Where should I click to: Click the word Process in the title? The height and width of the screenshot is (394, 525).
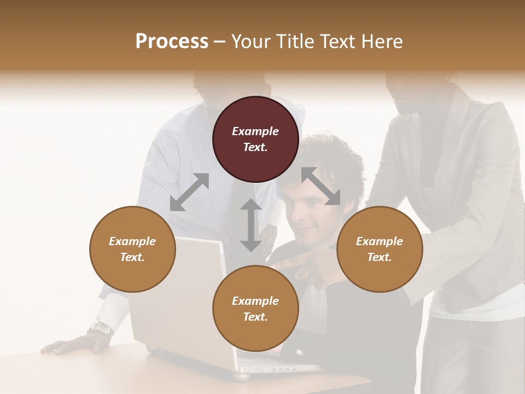[172, 42]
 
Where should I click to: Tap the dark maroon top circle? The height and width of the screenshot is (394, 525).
[255, 139]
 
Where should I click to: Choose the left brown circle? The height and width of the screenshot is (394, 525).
[132, 249]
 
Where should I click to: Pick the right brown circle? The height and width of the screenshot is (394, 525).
[380, 249]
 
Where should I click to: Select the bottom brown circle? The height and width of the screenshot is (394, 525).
[255, 309]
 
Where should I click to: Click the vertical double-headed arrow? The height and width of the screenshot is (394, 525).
[251, 225]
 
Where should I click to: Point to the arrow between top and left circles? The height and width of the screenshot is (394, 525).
[189, 192]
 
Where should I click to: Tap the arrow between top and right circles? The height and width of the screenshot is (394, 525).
[321, 186]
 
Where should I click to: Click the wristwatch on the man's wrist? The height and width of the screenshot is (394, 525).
[101, 328]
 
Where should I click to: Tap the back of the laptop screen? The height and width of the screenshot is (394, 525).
[180, 296]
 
